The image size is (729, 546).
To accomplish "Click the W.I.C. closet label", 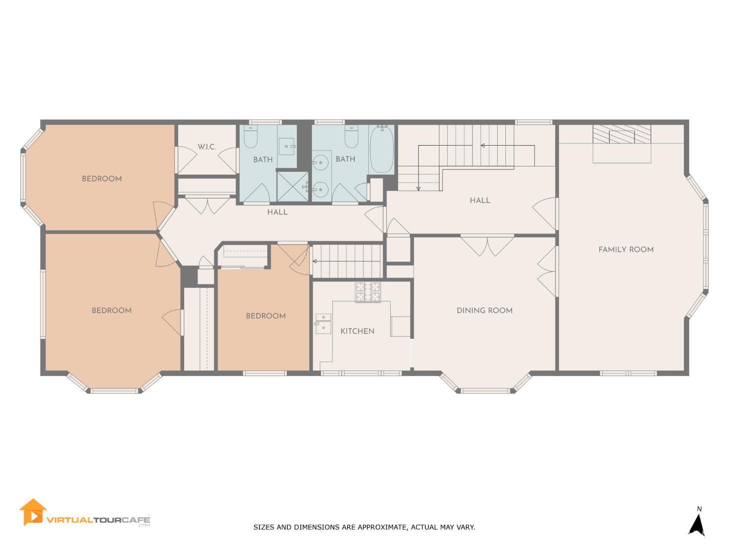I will (x=207, y=147).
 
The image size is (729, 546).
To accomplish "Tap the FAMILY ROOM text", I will (x=625, y=249).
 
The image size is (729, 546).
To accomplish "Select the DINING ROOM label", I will (x=484, y=311).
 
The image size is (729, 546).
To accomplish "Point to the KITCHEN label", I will (x=357, y=331).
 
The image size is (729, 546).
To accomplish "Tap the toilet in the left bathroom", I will (x=251, y=137).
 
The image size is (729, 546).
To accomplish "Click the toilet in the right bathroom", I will (x=351, y=137).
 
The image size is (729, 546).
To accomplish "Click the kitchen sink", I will (x=323, y=324).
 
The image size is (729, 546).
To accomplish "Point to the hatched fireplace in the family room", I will (x=621, y=134).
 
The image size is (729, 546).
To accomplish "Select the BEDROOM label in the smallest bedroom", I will (x=265, y=316).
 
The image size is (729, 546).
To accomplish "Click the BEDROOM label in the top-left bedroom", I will (x=102, y=179).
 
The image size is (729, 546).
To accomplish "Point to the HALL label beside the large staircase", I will (x=480, y=200).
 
